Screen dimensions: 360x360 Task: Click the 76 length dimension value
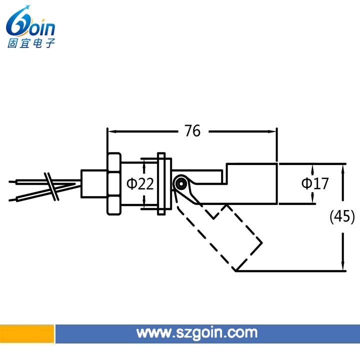click(x=192, y=131)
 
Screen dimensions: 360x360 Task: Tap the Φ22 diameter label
click(x=140, y=183)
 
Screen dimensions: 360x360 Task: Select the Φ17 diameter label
click(x=315, y=183)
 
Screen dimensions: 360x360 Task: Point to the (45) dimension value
click(x=342, y=216)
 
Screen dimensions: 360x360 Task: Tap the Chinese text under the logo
click(x=31, y=43)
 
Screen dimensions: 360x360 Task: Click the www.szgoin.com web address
click(x=197, y=333)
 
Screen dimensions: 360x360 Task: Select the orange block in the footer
click(x=27, y=334)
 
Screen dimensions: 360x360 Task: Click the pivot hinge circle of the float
click(x=181, y=183)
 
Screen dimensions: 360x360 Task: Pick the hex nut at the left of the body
click(x=114, y=184)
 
